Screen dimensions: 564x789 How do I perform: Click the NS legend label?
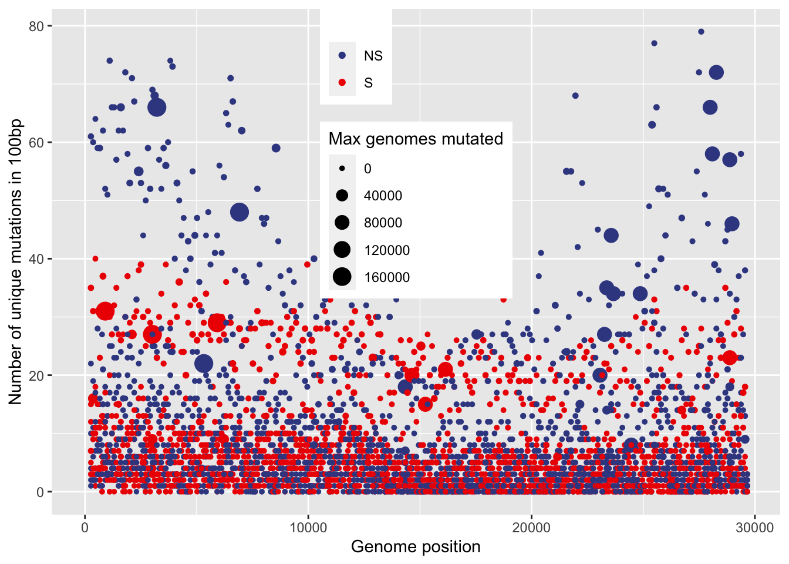(373, 56)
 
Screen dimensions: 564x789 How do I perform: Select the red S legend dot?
(342, 83)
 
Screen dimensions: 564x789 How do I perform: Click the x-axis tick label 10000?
(308, 527)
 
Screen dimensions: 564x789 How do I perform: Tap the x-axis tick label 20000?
(531, 527)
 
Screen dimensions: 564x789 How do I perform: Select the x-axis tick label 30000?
(754, 527)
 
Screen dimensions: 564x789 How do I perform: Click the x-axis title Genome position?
(416, 547)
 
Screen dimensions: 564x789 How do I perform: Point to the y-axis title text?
(15, 262)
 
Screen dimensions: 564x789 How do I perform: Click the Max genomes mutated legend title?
(416, 139)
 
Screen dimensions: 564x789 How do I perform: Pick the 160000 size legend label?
(387, 277)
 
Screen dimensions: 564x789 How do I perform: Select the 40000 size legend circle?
(342, 196)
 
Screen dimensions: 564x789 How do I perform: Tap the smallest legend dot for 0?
(342, 169)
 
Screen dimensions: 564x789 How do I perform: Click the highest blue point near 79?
(701, 32)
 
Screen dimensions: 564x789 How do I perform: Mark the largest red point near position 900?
(105, 311)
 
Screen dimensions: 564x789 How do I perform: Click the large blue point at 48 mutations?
(240, 212)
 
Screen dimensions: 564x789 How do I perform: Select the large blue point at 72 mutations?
(716, 73)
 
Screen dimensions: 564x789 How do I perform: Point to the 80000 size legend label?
(383, 223)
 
